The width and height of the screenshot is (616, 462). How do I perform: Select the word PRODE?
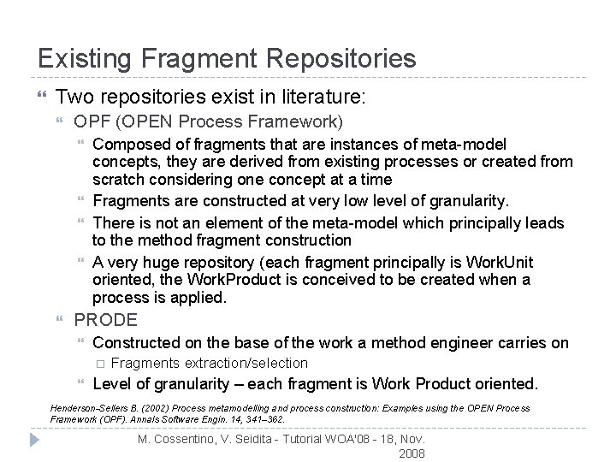pos(105,320)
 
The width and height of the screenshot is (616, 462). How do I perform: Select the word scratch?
pos(120,180)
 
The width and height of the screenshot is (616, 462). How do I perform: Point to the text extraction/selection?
pos(246,363)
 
